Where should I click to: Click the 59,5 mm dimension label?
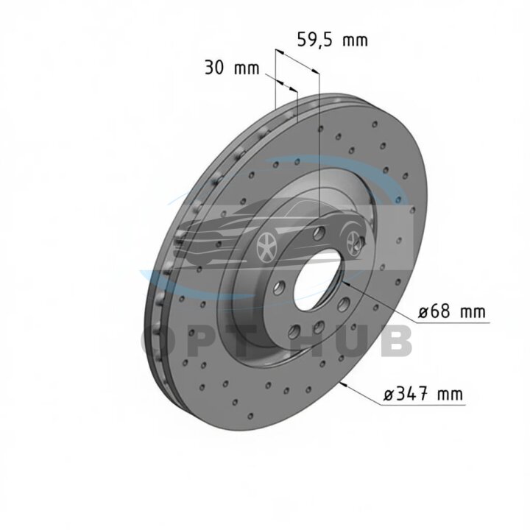pyautogui.click(x=332, y=40)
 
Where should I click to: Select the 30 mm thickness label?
pyautogui.click(x=232, y=68)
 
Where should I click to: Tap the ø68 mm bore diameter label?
pyautogui.click(x=451, y=311)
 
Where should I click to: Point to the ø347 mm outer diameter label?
pyautogui.click(x=423, y=393)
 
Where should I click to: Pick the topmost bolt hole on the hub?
pyautogui.click(x=319, y=233)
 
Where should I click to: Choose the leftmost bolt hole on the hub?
pyautogui.click(x=278, y=288)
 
